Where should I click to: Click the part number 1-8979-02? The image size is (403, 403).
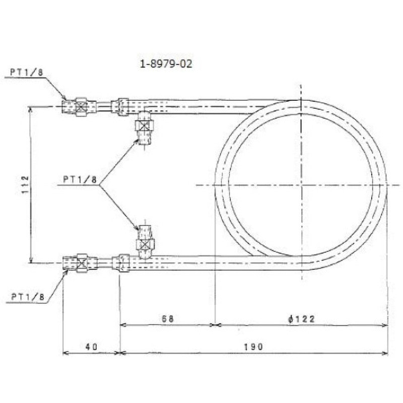(x=165, y=64)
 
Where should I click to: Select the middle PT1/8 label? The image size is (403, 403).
(x=81, y=179)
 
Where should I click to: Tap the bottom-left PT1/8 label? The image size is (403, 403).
(x=28, y=297)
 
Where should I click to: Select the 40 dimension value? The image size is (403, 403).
(x=91, y=347)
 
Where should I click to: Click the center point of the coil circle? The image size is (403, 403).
(x=301, y=185)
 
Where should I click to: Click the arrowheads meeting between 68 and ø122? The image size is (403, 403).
(x=216, y=325)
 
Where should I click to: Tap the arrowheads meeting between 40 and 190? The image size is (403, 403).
(x=120, y=353)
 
